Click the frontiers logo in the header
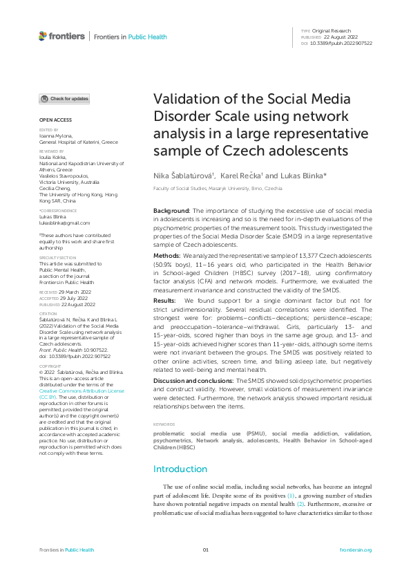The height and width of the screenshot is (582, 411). point(62,36)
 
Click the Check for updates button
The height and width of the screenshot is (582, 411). point(64,99)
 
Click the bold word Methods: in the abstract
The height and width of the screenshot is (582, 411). point(166,255)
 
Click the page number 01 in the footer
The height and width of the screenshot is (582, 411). point(205,550)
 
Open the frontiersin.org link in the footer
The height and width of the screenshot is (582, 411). point(356,550)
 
